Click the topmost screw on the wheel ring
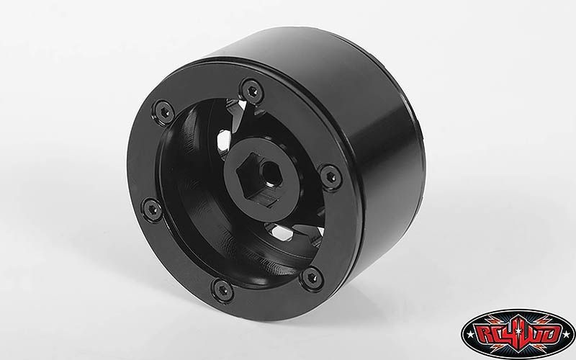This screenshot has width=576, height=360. coord(252,91)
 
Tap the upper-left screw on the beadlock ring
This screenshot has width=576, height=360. coord(163,112)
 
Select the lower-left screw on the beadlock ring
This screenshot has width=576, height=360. coord(153,210)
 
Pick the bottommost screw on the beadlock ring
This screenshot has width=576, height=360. coord(222,290)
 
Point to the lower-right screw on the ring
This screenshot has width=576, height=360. coord(312,279)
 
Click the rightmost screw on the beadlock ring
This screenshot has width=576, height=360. coord(330,177)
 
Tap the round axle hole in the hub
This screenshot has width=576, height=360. coord(271,173)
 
